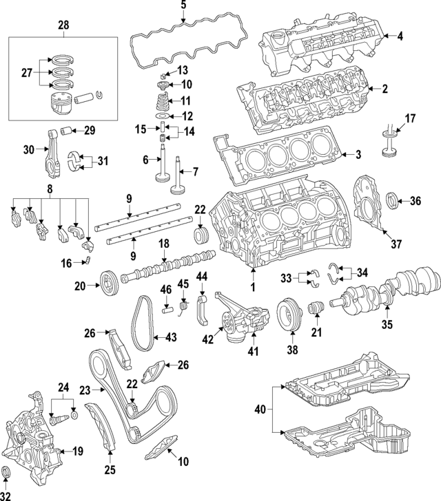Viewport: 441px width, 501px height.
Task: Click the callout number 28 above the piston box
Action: [x=63, y=25]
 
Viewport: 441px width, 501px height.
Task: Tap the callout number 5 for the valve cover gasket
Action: [x=183, y=6]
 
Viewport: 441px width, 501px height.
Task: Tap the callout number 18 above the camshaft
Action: [x=163, y=244]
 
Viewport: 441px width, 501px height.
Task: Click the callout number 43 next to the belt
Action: [x=170, y=337]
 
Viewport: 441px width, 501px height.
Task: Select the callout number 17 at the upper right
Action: [x=410, y=118]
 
